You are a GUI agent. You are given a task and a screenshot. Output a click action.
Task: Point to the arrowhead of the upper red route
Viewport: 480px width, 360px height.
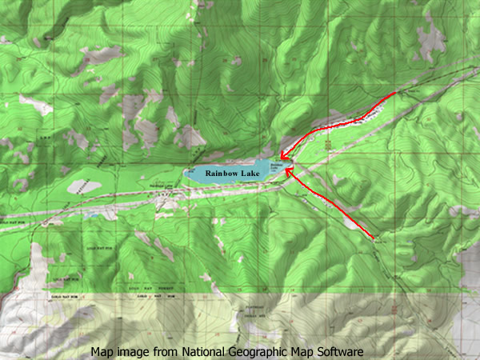click(281, 156)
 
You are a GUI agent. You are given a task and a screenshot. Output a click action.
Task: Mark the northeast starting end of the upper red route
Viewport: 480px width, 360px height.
click(394, 94)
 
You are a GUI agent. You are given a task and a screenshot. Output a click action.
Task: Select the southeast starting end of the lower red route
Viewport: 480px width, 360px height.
click(375, 238)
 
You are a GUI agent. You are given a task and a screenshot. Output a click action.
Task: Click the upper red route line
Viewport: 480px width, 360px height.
click(336, 125)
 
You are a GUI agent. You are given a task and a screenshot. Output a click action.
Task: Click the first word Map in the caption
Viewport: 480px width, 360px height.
click(102, 351)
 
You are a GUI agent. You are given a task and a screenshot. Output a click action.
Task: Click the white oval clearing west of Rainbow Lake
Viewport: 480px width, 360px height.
click(85, 186)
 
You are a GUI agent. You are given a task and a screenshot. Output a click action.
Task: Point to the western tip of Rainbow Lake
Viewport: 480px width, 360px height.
click(185, 173)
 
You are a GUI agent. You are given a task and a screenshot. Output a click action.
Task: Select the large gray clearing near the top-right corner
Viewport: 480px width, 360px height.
click(432, 36)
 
